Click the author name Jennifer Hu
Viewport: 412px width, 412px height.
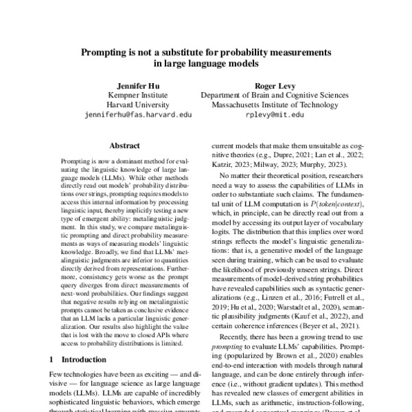(x=141, y=84)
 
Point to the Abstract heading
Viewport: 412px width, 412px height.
(x=125, y=146)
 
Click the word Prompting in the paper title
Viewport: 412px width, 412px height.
(x=106, y=51)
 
